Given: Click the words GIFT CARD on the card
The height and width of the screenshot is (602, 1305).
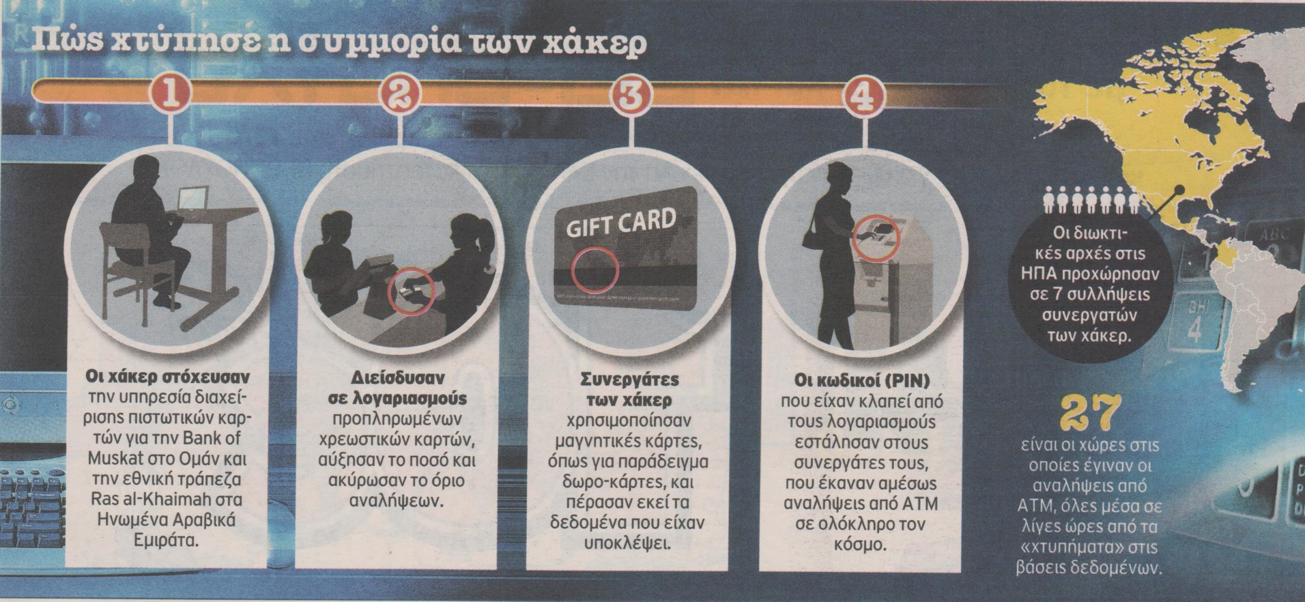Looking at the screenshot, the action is tap(621, 225).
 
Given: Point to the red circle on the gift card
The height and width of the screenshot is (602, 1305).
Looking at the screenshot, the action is tap(594, 276).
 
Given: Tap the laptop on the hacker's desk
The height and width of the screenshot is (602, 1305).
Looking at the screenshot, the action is tap(192, 198).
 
